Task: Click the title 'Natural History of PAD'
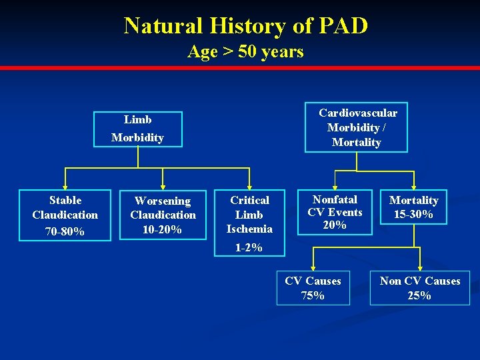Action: pyautogui.click(x=245, y=26)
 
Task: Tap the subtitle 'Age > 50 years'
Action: pyautogui.click(x=245, y=51)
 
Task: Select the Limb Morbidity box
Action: pyautogui.click(x=137, y=128)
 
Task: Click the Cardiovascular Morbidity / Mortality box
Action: pyautogui.click(x=357, y=127)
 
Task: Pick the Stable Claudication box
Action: pyautogui.click(x=65, y=215)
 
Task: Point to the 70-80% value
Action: pyautogui.click(x=65, y=231)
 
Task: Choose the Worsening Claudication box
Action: pyautogui.click(x=163, y=215)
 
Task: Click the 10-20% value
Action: pyautogui.click(x=163, y=229)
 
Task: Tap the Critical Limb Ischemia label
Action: pyautogui.click(x=249, y=214)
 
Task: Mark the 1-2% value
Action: pyautogui.click(x=249, y=247)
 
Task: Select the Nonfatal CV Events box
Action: pyautogui.click(x=335, y=212)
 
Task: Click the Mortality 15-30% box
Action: pyautogui.click(x=414, y=207)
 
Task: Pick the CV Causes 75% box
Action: pyautogui.click(x=313, y=288)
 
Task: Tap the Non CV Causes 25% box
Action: pyautogui.click(x=420, y=288)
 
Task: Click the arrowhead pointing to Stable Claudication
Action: pyautogui.click(x=65, y=186)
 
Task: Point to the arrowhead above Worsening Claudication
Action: pyautogui.click(x=163, y=186)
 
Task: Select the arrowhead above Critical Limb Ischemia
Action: pyautogui.click(x=249, y=186)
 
